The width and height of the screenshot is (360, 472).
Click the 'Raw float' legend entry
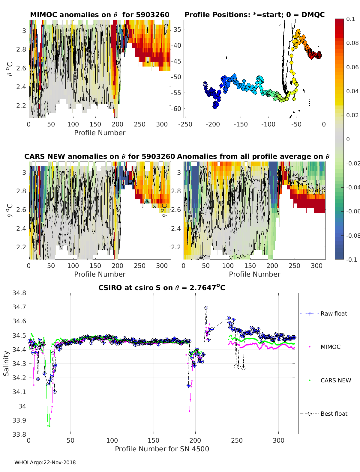click(324, 313)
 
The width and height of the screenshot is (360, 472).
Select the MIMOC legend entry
click(320, 347)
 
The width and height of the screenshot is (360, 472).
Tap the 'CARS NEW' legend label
click(336, 380)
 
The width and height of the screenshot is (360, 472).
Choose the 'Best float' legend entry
click(324, 414)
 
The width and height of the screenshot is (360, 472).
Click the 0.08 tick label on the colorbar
click(352, 43)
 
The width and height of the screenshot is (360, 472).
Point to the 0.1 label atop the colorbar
click(350, 19)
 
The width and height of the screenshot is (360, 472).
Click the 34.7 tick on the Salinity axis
click(19, 307)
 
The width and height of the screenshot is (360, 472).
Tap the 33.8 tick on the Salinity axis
click(19, 434)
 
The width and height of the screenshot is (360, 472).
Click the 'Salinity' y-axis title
click(6, 364)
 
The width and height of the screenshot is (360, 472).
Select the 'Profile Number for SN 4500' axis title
click(162, 449)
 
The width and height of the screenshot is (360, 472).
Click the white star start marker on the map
click(205, 85)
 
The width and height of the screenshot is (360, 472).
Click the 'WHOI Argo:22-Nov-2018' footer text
click(45, 462)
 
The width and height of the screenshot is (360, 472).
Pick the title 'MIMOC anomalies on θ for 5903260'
click(100, 15)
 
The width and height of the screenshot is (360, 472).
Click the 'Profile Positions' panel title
click(255, 15)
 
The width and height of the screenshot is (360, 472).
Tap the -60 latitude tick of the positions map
click(176, 108)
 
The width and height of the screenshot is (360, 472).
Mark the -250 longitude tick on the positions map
click(185, 124)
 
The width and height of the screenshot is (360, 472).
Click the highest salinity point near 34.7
click(206, 308)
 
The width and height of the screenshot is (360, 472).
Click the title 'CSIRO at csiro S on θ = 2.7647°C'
click(162, 287)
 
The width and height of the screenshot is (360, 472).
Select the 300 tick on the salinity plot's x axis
click(278, 441)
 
